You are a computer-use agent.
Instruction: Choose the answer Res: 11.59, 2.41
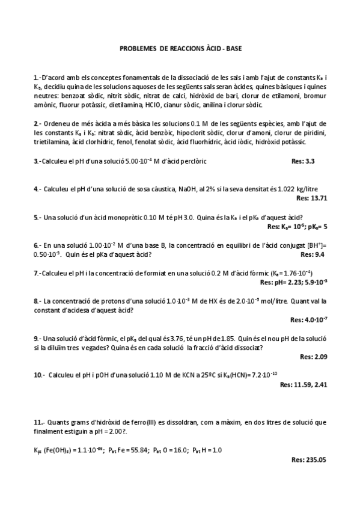tap(304, 384)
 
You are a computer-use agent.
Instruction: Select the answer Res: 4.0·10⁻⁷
tap(308, 319)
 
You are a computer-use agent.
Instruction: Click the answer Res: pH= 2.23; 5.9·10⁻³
tap(293, 282)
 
